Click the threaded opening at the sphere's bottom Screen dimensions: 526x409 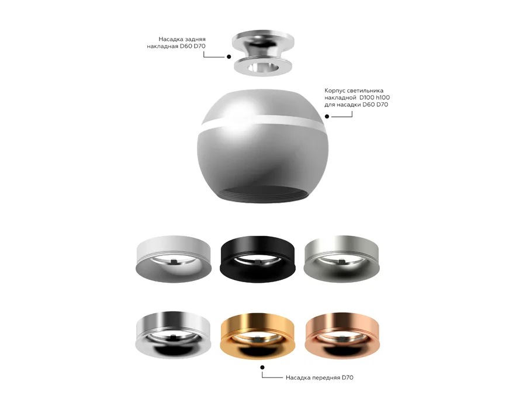pyautogui.click(x=258, y=196)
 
